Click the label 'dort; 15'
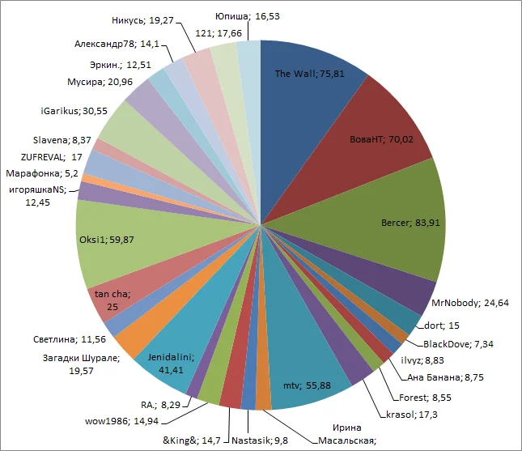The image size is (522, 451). (x=442, y=325)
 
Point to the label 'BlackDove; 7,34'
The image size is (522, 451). (x=459, y=344)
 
